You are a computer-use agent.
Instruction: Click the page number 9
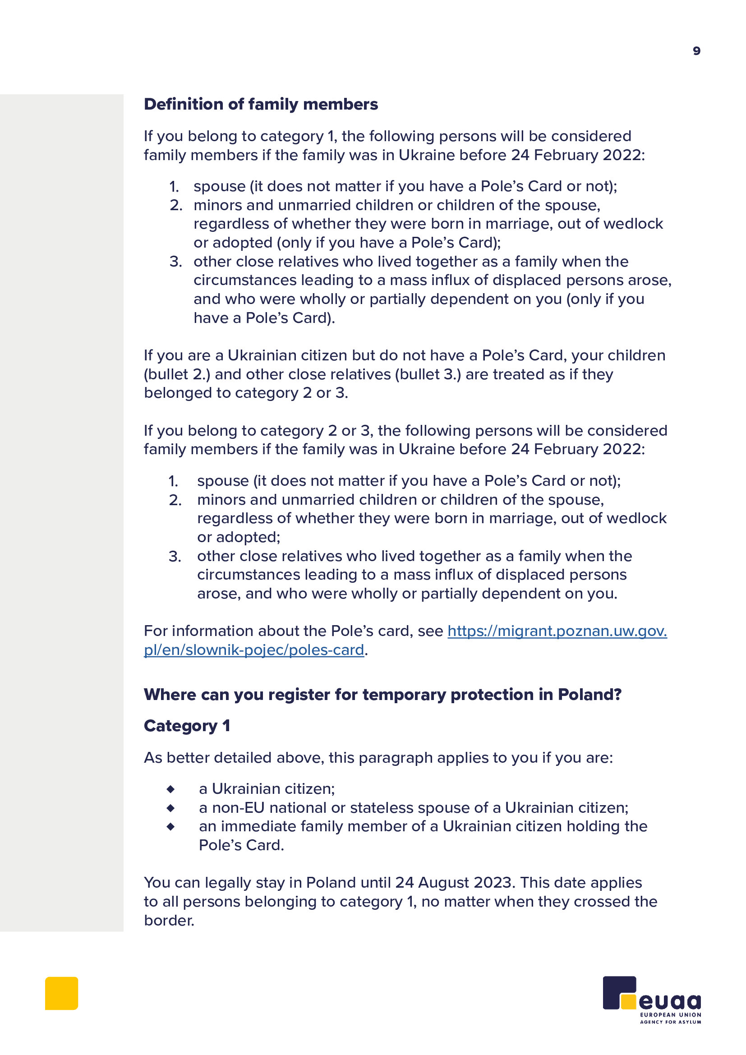[x=696, y=51]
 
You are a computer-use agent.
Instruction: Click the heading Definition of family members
[x=260, y=104]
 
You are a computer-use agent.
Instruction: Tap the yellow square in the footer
[x=61, y=993]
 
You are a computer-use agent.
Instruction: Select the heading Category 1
[x=187, y=726]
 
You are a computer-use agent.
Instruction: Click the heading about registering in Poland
[x=382, y=694]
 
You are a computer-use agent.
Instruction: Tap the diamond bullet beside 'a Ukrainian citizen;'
[x=170, y=789]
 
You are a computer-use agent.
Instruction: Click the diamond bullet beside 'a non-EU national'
[x=170, y=808]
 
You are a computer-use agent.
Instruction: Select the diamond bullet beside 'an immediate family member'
[x=170, y=827]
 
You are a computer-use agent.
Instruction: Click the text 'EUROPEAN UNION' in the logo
[x=670, y=1014]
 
